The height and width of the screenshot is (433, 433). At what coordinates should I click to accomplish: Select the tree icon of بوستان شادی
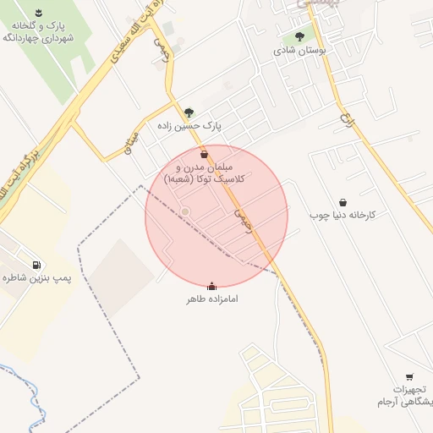(x=299, y=36)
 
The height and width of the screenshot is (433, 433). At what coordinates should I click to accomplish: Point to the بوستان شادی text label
(x=299, y=51)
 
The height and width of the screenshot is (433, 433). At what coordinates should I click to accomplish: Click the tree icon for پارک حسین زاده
(x=188, y=112)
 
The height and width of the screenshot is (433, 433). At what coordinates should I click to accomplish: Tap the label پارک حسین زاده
(x=188, y=126)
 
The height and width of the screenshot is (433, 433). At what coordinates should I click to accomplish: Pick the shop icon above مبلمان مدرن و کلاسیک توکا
(x=205, y=155)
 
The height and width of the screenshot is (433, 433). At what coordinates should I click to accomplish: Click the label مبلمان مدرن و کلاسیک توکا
(x=205, y=173)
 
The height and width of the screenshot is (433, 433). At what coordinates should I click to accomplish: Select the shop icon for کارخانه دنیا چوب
(x=343, y=202)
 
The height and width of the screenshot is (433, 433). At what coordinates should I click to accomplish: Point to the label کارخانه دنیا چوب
(x=343, y=216)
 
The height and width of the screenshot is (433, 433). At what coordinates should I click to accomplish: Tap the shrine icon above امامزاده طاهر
(x=211, y=286)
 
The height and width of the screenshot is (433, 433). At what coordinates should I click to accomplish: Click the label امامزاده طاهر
(x=211, y=299)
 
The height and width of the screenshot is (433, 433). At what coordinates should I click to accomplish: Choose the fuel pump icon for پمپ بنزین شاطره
(x=35, y=264)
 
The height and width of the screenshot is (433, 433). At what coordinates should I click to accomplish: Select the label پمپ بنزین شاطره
(x=35, y=277)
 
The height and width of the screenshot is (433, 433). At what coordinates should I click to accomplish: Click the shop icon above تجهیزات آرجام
(x=409, y=377)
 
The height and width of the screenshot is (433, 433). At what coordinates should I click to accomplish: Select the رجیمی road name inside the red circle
(x=244, y=222)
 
